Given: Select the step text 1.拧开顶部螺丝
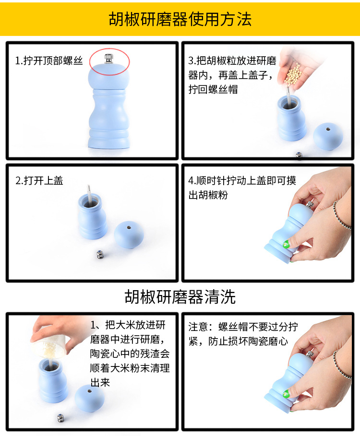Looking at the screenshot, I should click(x=49, y=61).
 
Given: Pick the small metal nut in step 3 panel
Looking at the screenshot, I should click(x=298, y=154).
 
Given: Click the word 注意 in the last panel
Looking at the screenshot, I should click(x=198, y=327).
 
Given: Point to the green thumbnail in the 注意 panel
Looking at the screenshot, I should click(x=287, y=396).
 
